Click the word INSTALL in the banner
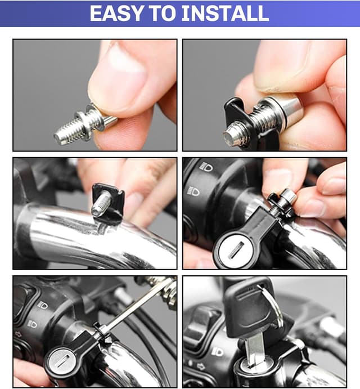click(225, 13)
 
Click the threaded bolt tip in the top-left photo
click(62, 136)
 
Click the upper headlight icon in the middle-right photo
click(206, 167)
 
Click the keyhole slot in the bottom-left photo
click(62, 361)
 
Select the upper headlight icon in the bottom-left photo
click(42, 305)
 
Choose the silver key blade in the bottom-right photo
click(255, 349)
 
